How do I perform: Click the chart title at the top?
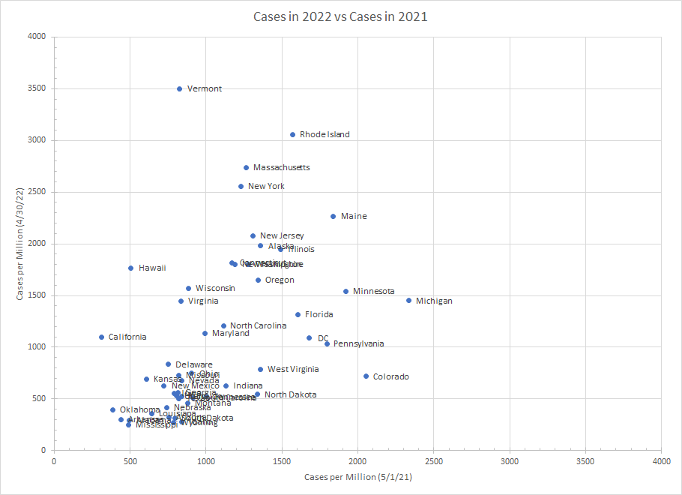coord(340,16)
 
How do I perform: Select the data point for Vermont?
coord(180,88)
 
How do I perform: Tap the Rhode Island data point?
coord(292,135)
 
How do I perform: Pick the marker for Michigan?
coord(409,301)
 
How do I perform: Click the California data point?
coord(101,337)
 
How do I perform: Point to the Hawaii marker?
coord(130,268)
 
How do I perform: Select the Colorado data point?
coord(366,376)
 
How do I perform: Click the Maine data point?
coord(334,216)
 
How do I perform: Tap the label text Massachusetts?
coord(281,167)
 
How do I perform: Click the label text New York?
coord(266,186)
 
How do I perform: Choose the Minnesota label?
coord(373,291)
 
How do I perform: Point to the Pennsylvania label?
coord(358,343)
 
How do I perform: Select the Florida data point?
coord(298,315)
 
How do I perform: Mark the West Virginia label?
coord(293,369)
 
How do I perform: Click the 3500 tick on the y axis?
coord(37,88)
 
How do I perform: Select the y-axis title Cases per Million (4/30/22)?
coord(20,243)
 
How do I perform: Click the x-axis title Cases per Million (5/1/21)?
coord(357,477)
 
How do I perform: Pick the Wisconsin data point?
coord(188,288)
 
